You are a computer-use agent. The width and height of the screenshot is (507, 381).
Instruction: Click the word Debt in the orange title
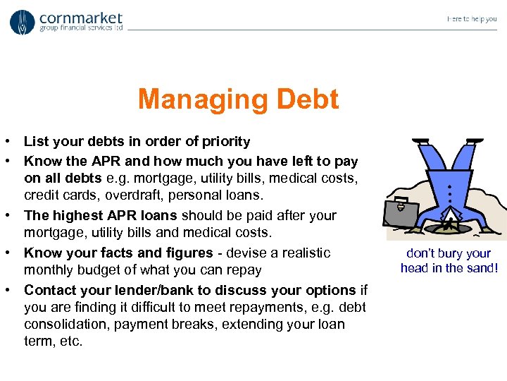coord(307,99)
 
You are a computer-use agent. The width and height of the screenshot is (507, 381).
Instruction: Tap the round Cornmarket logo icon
coord(22,22)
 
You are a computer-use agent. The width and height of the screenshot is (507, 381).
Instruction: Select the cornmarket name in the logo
coord(81,18)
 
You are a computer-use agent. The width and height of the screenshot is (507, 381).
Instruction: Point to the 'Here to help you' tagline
coord(471,19)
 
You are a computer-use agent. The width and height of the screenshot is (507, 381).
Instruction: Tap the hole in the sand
coord(448,227)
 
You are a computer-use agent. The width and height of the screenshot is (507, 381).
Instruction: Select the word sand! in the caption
coord(481,267)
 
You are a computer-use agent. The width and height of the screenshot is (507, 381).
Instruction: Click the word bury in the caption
coord(451,253)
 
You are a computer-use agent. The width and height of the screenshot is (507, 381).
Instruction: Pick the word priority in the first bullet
coord(227,142)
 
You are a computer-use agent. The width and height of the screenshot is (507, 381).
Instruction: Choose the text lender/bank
coord(152,290)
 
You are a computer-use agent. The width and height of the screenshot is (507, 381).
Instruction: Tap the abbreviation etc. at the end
coord(71,341)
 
